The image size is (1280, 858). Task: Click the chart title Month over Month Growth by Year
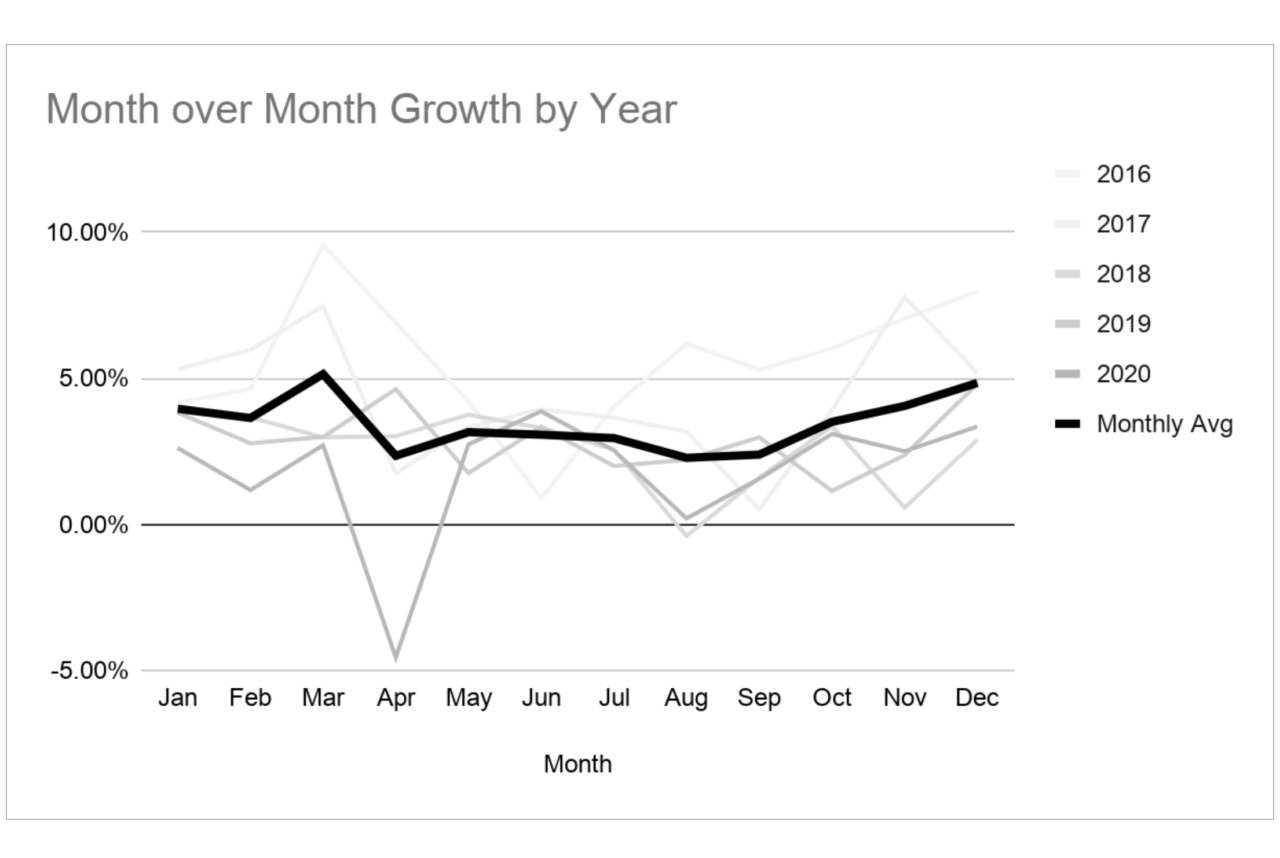[361, 109]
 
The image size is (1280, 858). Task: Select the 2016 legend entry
[1123, 175]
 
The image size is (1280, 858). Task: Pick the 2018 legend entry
[1123, 275]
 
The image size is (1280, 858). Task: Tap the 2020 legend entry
[1123, 375]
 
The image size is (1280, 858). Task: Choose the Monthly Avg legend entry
[1164, 425]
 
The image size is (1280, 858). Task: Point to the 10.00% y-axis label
[87, 233]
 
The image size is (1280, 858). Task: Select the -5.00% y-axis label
[89, 671]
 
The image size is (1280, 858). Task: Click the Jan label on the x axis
[177, 698]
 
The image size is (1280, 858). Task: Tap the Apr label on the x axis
[396, 698]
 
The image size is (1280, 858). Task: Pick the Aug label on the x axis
[686, 698]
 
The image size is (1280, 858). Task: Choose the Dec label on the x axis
[977, 698]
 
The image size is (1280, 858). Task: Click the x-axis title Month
[577, 765]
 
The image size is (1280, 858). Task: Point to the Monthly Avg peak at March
[323, 374]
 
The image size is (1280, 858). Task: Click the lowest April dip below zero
[396, 658]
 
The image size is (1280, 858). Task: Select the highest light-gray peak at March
[323, 244]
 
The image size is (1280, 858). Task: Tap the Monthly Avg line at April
[396, 455]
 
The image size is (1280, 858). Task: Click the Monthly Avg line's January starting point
[179, 409]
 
